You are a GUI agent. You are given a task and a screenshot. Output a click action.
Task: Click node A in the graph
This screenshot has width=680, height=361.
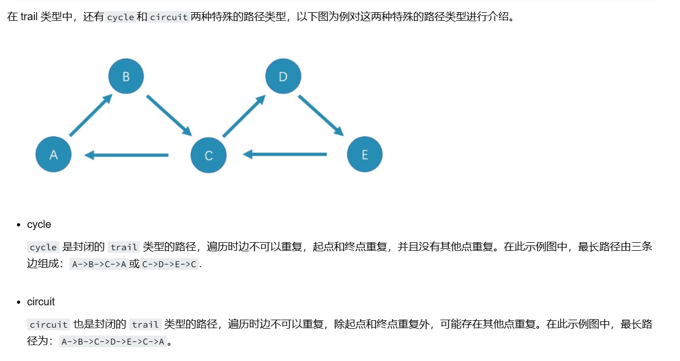click(x=54, y=154)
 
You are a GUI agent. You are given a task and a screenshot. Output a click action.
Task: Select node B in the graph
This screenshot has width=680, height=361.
click(x=126, y=76)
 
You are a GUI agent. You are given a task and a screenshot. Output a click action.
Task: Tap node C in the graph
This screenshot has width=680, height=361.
click(x=208, y=155)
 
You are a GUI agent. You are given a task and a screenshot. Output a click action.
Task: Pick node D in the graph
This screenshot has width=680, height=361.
click(x=283, y=76)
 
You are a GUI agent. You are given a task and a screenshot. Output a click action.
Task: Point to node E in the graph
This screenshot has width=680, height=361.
click(x=364, y=154)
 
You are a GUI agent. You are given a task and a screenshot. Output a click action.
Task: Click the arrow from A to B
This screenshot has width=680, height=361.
click(x=91, y=115)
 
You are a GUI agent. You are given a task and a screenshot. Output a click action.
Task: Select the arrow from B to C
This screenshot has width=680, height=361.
click(x=169, y=115)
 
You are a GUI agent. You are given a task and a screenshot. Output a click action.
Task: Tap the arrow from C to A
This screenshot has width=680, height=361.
click(x=127, y=155)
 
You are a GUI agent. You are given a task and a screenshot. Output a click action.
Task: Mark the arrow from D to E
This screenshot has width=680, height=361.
click(x=320, y=115)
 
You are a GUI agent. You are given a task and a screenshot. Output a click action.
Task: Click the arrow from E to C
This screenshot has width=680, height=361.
click(x=285, y=154)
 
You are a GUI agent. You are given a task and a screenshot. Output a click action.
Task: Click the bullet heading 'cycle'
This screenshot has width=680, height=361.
click(x=39, y=224)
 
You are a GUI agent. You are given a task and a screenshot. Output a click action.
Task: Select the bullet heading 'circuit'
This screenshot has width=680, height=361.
click(x=41, y=302)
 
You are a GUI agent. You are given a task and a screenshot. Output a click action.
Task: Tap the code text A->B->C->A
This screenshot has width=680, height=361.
click(x=99, y=264)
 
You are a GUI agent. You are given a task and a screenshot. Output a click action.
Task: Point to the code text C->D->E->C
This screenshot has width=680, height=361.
click(x=170, y=264)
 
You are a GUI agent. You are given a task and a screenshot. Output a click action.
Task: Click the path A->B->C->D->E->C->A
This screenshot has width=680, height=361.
click(x=112, y=341)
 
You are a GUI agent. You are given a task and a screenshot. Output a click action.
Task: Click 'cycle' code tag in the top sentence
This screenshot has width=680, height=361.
click(x=120, y=17)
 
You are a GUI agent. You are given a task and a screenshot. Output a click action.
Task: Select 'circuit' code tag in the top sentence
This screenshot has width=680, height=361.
click(x=169, y=17)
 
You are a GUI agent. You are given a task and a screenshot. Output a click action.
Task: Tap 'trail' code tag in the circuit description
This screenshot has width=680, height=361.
click(x=145, y=324)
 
